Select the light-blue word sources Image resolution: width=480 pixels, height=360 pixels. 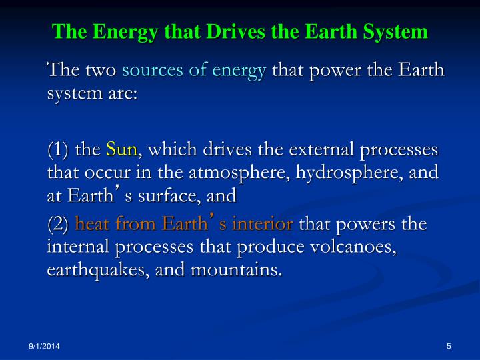153,70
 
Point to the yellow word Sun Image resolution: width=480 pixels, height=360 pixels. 122,149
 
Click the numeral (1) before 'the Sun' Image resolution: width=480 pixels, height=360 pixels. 58,150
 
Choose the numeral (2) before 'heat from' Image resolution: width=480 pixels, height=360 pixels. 58,224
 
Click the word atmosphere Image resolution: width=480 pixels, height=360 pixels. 239,173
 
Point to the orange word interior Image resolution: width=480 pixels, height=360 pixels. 263,223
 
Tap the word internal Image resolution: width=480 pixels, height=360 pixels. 78,247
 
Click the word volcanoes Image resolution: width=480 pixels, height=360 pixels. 353,247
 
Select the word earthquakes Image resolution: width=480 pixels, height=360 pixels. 97,271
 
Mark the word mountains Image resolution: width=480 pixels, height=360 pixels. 236,270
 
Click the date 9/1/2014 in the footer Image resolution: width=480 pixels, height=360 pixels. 45,346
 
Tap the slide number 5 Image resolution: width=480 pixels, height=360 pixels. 449,346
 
